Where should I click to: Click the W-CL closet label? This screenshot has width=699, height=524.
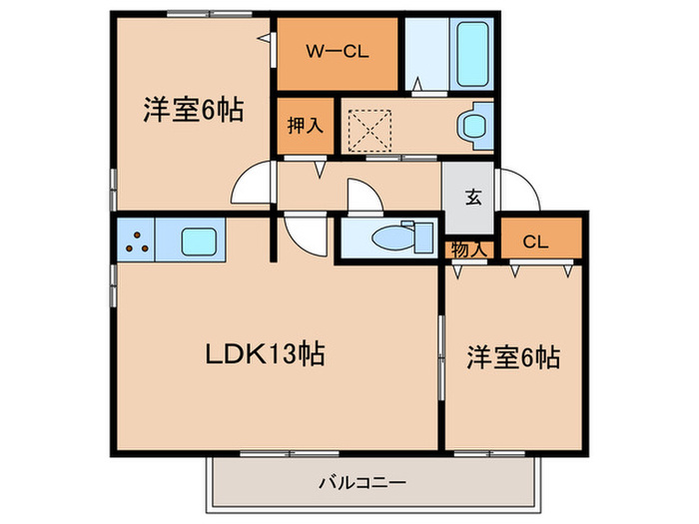[x=338, y=51]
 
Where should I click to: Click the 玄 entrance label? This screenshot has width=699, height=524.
[x=472, y=196]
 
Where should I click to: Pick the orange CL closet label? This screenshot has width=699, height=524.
[x=534, y=241]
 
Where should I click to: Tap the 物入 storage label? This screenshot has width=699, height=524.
[x=468, y=250]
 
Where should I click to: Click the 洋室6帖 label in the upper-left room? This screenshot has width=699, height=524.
[x=193, y=111]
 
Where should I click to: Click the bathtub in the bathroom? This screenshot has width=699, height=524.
[x=469, y=52]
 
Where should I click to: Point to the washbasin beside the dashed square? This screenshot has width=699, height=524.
[x=470, y=126]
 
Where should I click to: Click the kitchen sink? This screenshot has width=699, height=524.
[x=203, y=242]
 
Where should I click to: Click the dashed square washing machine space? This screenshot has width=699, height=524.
[x=366, y=127]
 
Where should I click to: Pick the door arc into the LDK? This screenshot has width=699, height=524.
[x=303, y=238]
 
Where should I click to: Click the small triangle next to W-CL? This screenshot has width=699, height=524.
[x=265, y=39]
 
